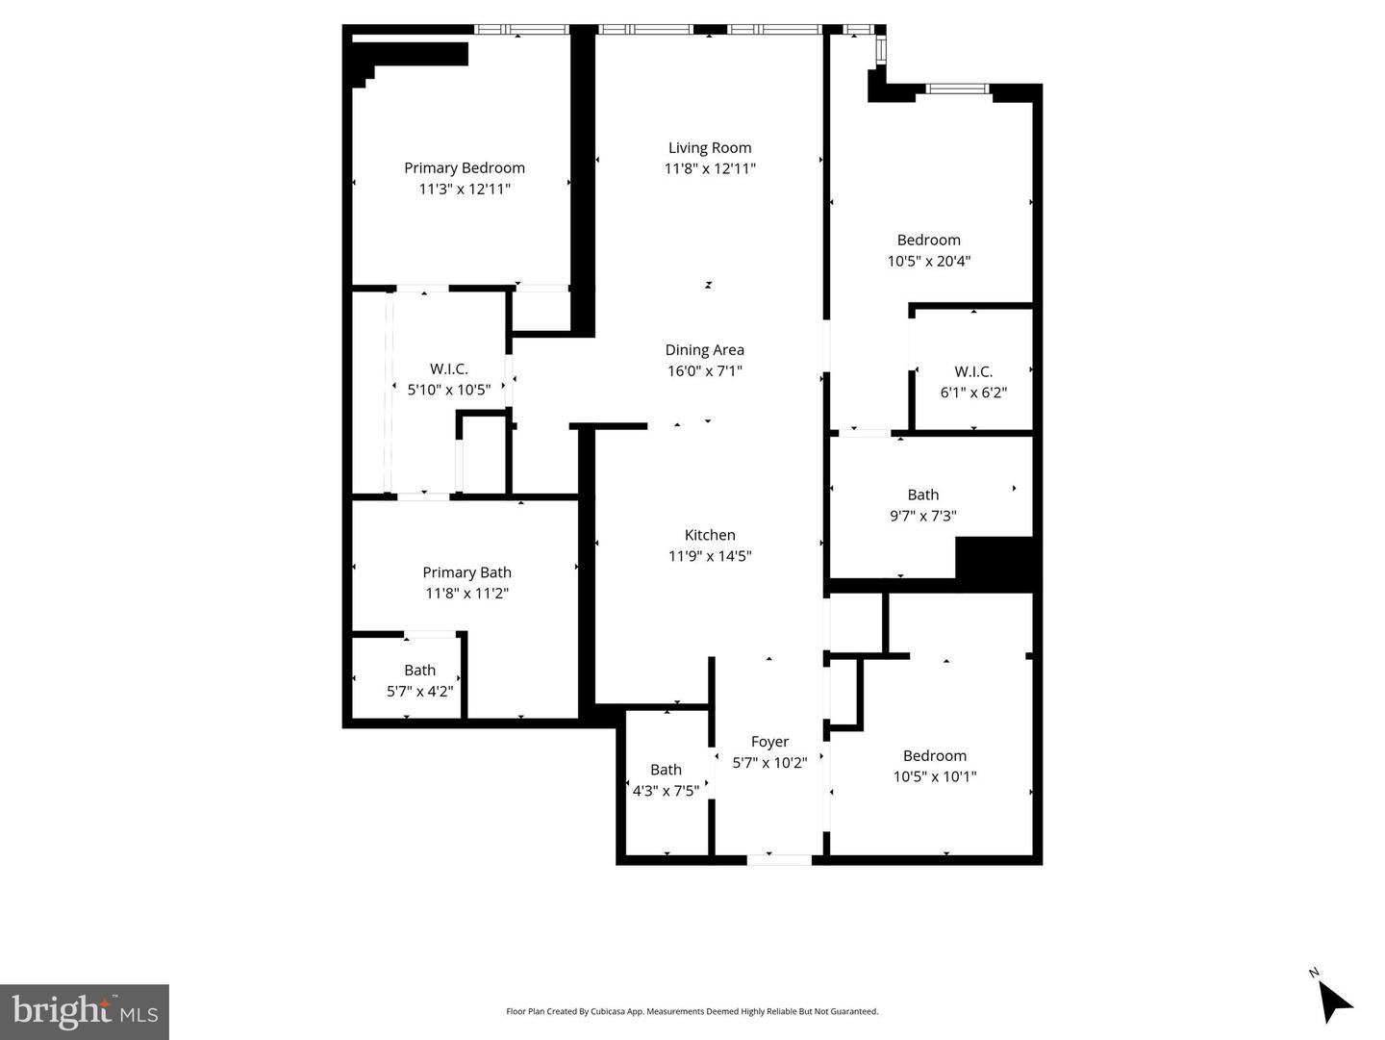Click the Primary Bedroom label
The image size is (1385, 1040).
point(465,168)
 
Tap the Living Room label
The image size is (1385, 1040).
point(710,148)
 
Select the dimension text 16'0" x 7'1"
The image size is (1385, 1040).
point(705,371)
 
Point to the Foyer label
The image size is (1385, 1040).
point(769,742)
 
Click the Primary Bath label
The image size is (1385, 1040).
point(466,572)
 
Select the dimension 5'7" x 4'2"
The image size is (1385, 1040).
point(419,691)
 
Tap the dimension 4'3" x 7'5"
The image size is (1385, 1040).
point(666,791)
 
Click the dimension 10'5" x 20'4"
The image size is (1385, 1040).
point(928,261)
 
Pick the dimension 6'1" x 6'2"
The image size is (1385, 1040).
point(973,393)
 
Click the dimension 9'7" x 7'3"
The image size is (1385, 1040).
point(922,516)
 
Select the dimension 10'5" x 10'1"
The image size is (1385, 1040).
point(935,776)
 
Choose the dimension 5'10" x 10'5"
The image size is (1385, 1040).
point(449,390)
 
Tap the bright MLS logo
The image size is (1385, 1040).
point(85,1011)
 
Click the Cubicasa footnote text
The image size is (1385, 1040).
point(692,1011)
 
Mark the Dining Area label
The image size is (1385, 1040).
point(705,350)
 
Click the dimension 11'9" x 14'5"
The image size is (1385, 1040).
point(710,556)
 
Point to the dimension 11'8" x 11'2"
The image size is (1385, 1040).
point(466,594)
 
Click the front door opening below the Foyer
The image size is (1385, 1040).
point(779,859)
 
